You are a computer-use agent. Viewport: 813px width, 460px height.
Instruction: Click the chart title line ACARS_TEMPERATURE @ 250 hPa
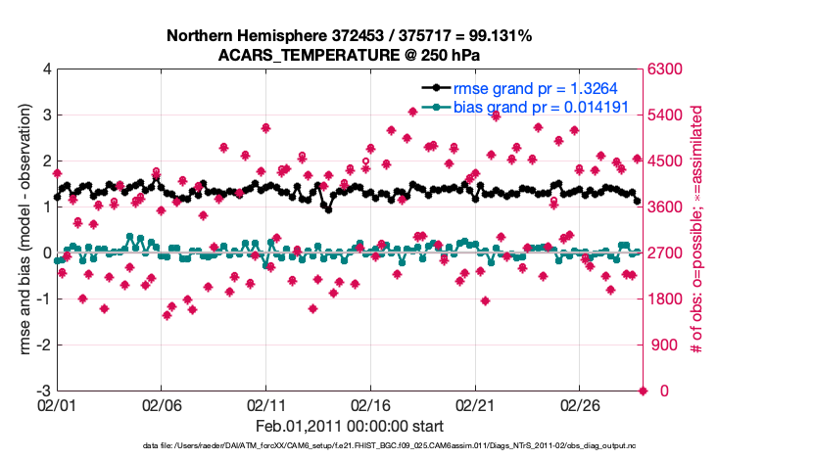pyautogui.click(x=349, y=55)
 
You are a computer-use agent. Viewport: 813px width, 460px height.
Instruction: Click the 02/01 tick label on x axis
pyautogui.click(x=57, y=404)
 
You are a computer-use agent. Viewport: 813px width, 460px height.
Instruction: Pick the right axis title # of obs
pyautogui.click(x=696, y=230)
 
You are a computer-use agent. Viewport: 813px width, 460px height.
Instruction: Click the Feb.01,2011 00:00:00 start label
pyautogui.click(x=349, y=426)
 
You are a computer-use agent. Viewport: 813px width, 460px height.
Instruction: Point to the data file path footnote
pyautogui.click(x=349, y=446)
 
